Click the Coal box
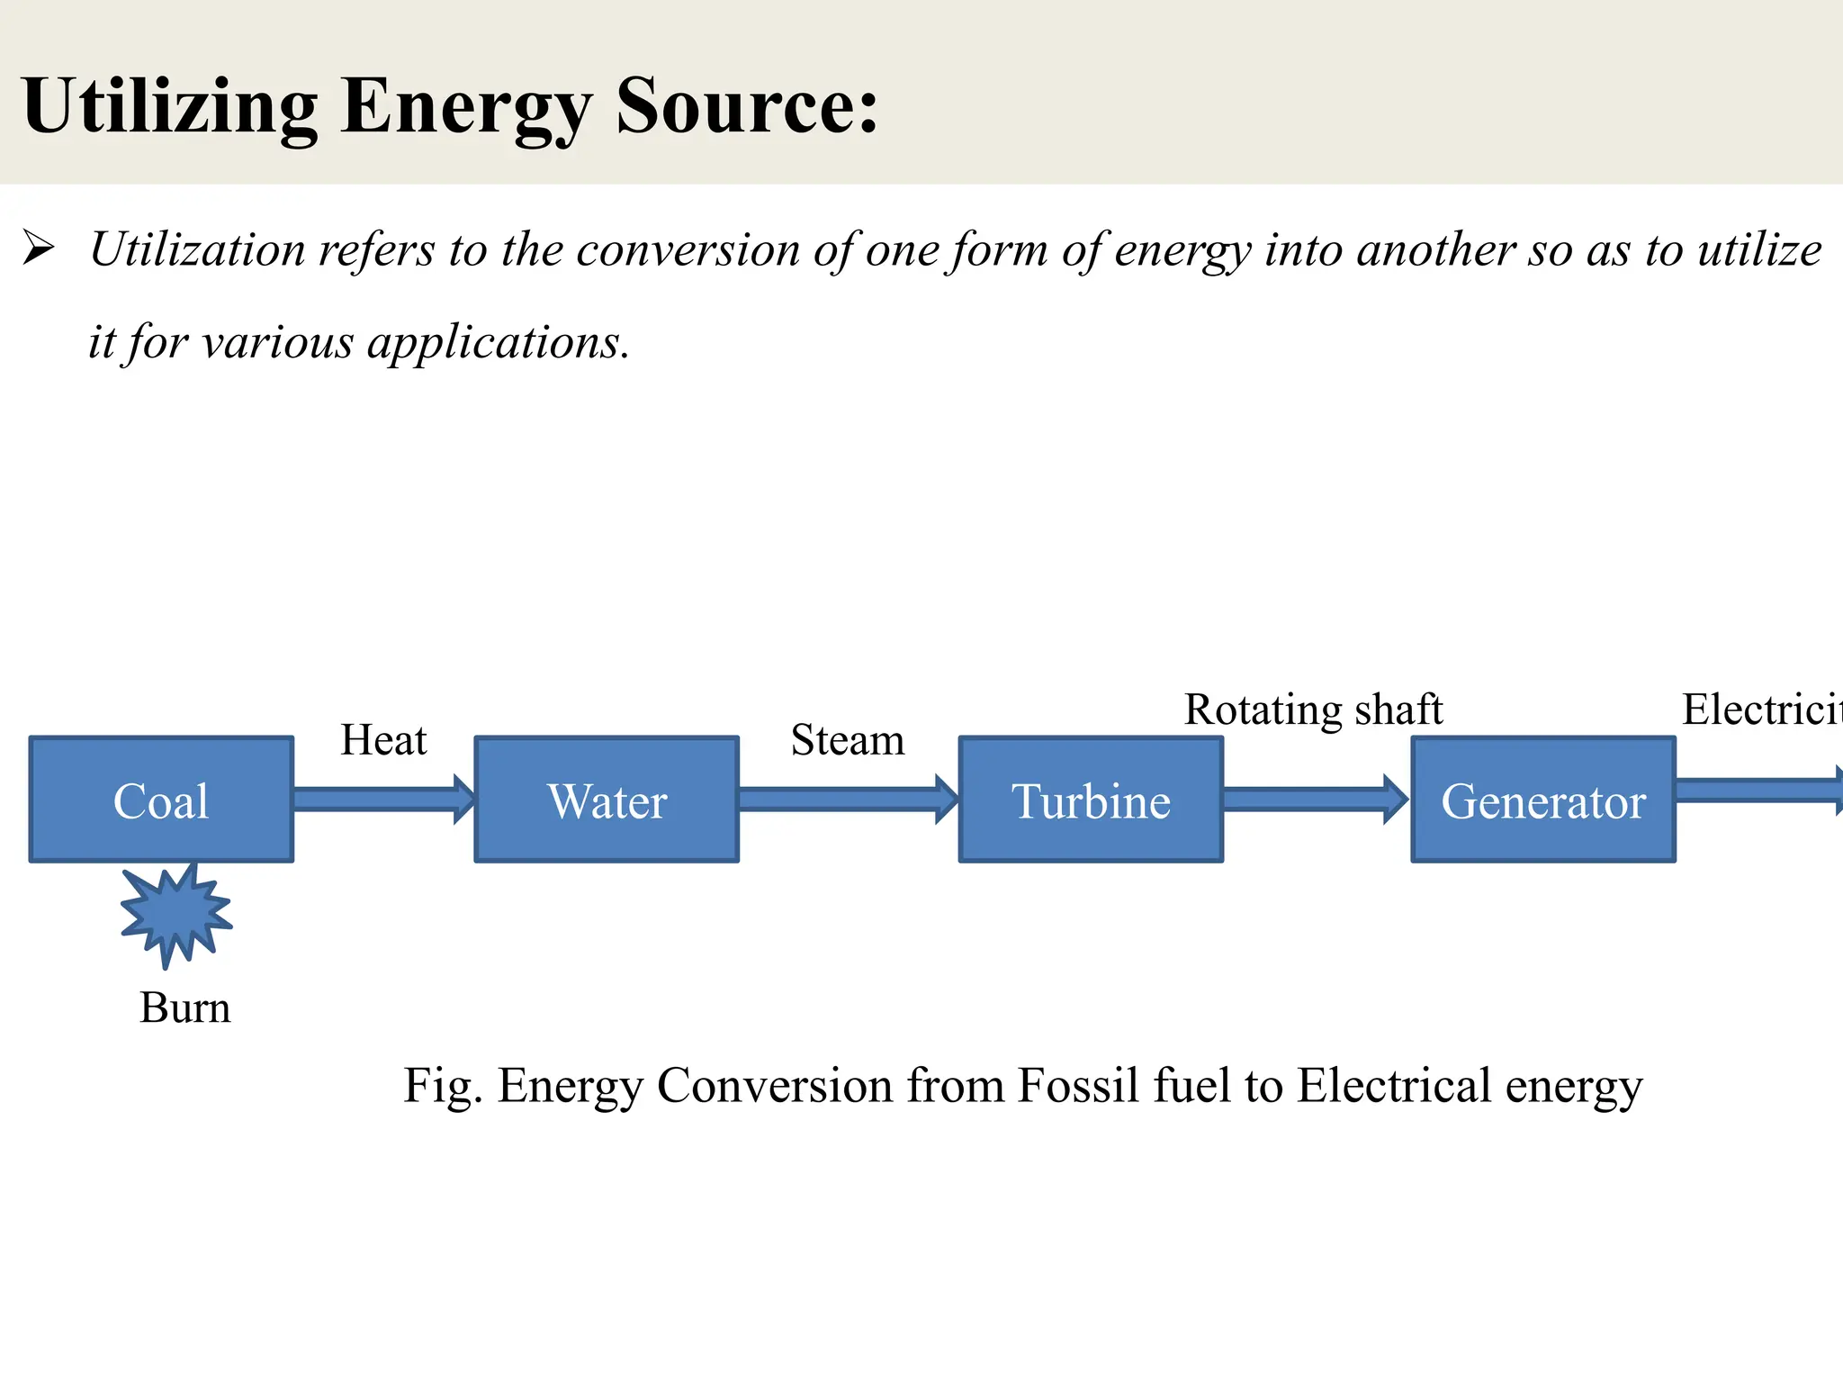[x=161, y=800]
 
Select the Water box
[x=607, y=800]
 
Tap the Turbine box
[x=1091, y=800]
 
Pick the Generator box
[x=1543, y=800]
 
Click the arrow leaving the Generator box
[x=1759, y=791]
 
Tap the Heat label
[x=383, y=740]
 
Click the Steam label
[x=848, y=740]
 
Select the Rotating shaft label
[x=1313, y=710]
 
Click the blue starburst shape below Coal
[x=175, y=914]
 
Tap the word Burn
[x=185, y=1008]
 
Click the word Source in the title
[x=747, y=106]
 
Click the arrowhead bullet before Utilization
[x=39, y=249]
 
